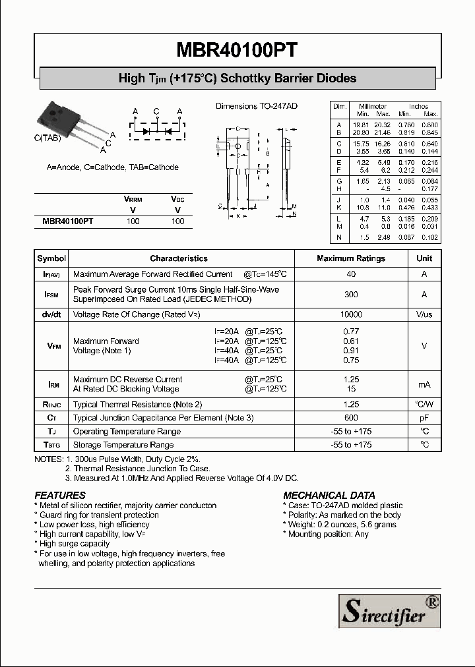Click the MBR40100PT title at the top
pyautogui.click(x=237, y=51)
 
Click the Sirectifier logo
pyautogui.click(x=389, y=610)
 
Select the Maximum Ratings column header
pyautogui.click(x=351, y=258)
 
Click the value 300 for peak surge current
pyautogui.click(x=351, y=295)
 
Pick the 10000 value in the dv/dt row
pyautogui.click(x=351, y=315)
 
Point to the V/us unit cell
pyautogui.click(x=424, y=315)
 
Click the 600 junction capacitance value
pyautogui.click(x=351, y=418)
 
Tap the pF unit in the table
pyautogui.click(x=424, y=418)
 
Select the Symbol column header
pyautogui.click(x=51, y=258)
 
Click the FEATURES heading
pyautogui.click(x=60, y=495)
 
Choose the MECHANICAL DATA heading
pyautogui.click(x=329, y=495)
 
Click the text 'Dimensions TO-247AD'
pyautogui.click(x=257, y=106)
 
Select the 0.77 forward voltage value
pyautogui.click(x=351, y=331)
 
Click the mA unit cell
pyautogui.click(x=424, y=384)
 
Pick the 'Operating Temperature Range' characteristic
pyautogui.click(x=127, y=431)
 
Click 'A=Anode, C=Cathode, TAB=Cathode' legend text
pyautogui.click(x=112, y=167)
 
